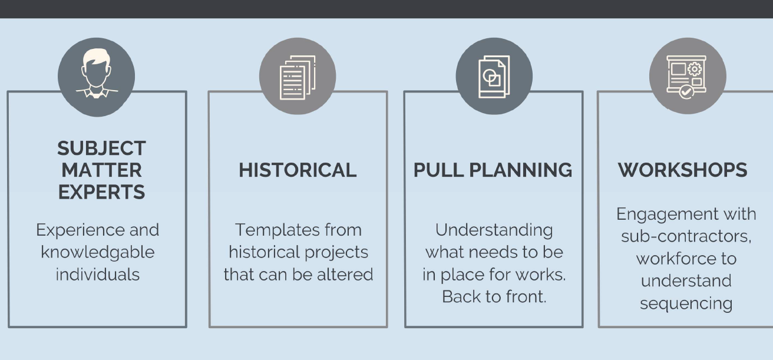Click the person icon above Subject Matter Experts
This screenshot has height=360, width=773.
96,77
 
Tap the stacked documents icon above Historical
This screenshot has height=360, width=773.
298,77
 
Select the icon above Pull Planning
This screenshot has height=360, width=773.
494,77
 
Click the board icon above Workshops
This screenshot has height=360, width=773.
687,77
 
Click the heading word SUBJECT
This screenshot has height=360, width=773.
101,148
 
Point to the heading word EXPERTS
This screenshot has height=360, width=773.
101,192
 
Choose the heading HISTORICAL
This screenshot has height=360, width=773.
298,170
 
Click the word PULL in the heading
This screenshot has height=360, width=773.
438,170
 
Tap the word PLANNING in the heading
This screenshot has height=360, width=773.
520,170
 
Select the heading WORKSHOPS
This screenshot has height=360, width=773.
682,170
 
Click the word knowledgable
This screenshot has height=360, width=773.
98,252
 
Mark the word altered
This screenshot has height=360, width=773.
348,274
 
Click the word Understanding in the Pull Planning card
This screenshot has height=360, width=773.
494,230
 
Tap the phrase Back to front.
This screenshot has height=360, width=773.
494,296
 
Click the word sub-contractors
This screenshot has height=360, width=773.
686,236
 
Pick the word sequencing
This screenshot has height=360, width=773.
686,303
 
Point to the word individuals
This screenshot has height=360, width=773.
98,274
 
